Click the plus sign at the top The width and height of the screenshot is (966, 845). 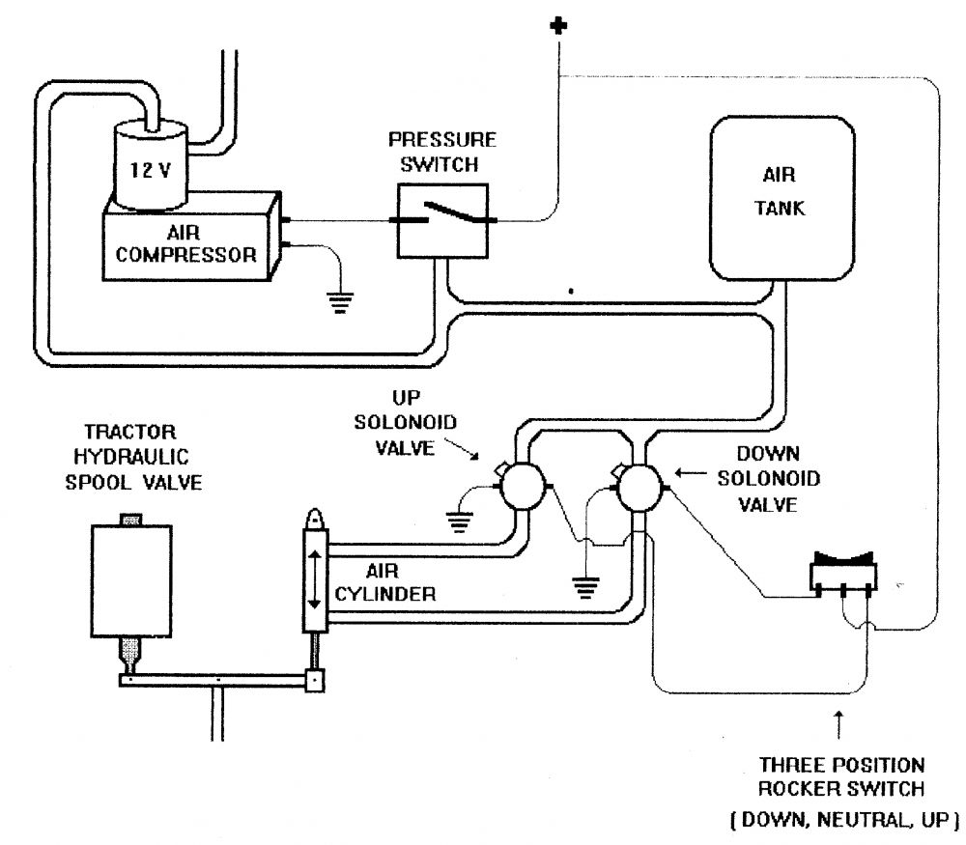coord(558,26)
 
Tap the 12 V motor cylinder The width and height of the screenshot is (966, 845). coord(150,166)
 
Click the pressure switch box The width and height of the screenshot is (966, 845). coord(442,220)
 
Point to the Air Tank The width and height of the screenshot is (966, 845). coord(782,198)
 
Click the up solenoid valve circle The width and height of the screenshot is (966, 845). coord(523,487)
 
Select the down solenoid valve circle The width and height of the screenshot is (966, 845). coord(639,488)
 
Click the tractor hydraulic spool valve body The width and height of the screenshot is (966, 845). coord(131,581)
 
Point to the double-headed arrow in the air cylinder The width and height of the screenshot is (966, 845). coord(314,579)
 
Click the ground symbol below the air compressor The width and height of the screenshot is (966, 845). coord(340,302)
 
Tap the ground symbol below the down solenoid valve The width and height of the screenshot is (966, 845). coord(585,587)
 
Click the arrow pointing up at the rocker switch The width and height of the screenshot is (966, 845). coord(838,724)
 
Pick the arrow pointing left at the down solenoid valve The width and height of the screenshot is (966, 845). coord(691,473)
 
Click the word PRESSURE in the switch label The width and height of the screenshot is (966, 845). coord(442,140)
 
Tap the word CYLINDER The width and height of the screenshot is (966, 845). coord(385,594)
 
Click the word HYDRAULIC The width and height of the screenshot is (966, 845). coord(131,457)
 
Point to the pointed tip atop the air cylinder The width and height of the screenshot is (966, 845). coord(316,511)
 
